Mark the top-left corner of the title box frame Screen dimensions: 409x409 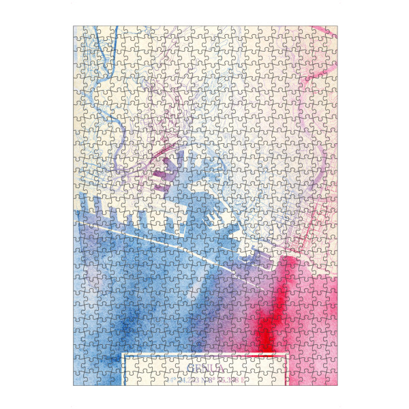point(123,355)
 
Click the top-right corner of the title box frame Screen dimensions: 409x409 point(288,355)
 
